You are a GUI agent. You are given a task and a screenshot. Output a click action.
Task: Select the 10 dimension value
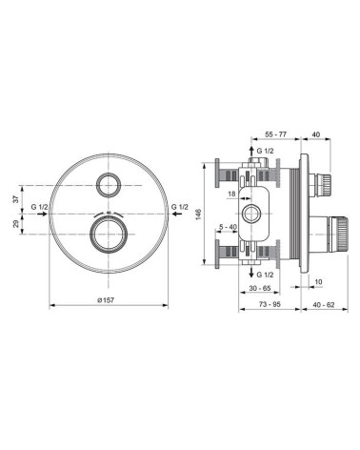point(317,281)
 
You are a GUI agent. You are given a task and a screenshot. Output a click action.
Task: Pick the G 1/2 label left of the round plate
point(40,207)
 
